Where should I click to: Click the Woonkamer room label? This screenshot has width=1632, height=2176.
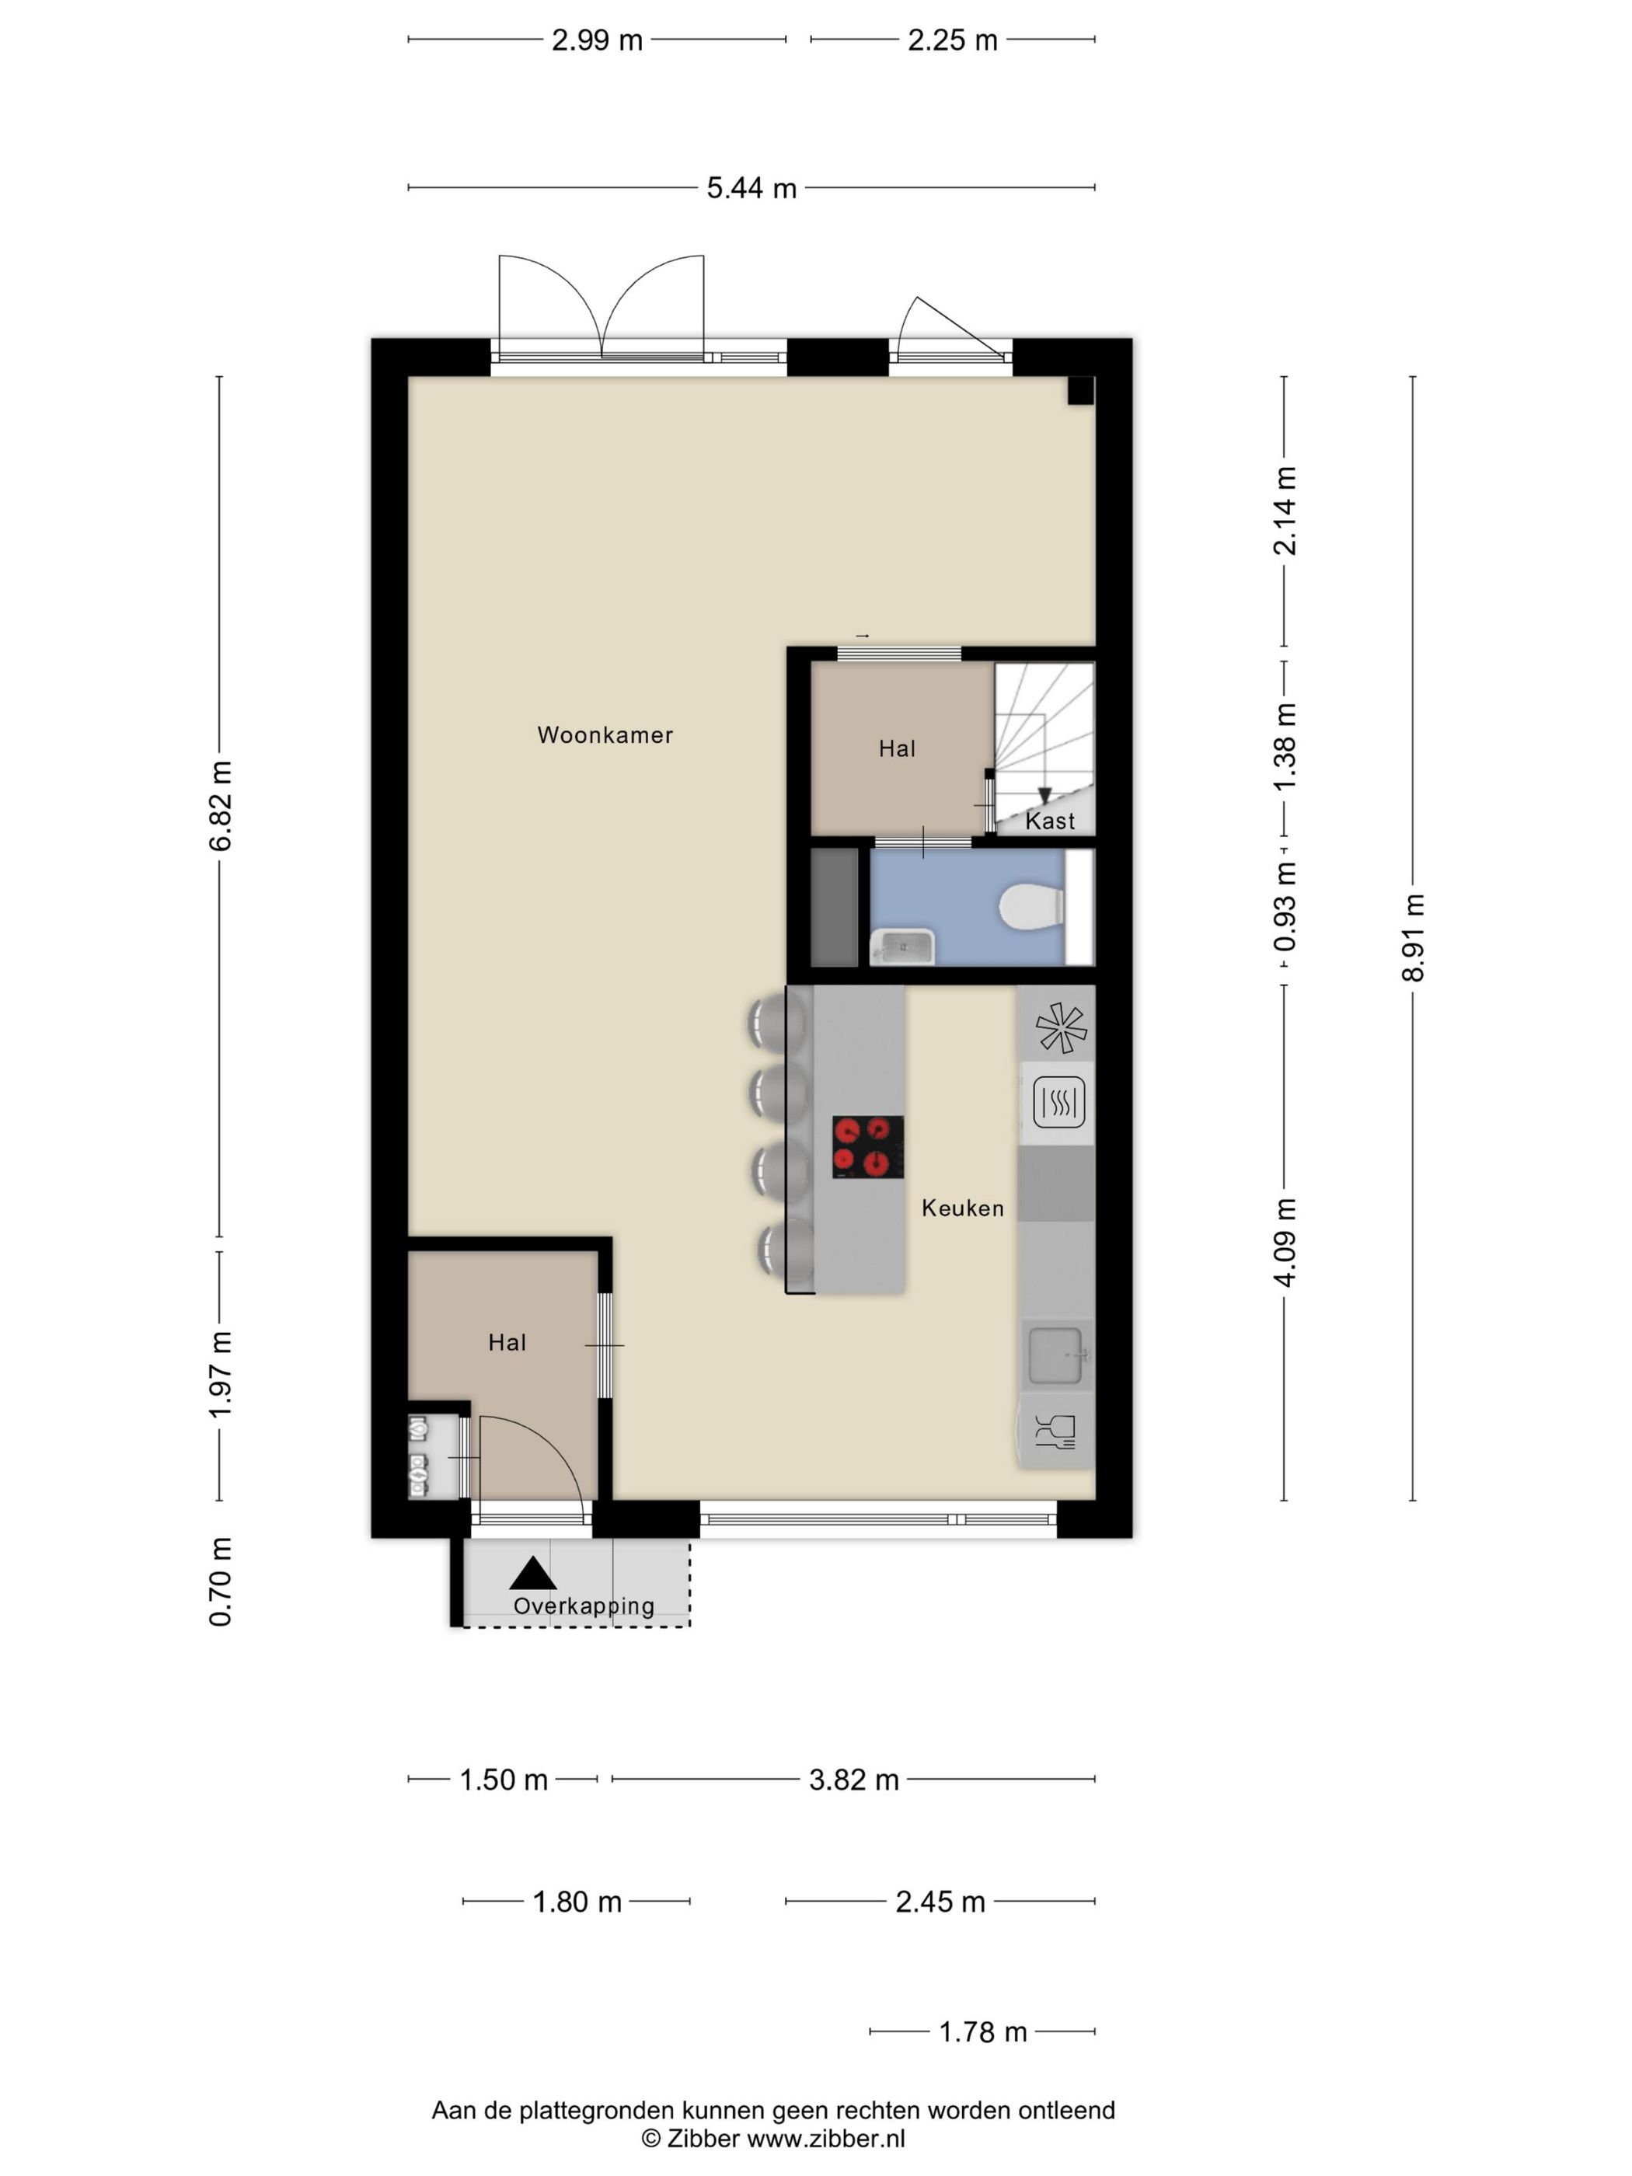pos(605,735)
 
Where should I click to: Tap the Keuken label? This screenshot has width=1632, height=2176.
pos(962,1208)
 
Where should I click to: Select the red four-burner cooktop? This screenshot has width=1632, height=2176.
pos(867,1147)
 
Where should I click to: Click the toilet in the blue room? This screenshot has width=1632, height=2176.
pos(1031,906)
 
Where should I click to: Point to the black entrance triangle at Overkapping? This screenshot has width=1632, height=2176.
pos(532,1574)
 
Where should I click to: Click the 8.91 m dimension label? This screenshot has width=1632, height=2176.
pos(1413,937)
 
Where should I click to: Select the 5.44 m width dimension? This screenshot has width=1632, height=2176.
pos(751,188)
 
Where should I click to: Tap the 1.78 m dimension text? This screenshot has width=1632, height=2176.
pos(983,2031)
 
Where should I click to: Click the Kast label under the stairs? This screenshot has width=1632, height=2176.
pos(1050,821)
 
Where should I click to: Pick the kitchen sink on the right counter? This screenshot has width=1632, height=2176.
pos(1055,1355)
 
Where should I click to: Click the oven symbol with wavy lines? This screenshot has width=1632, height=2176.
pos(1058,1102)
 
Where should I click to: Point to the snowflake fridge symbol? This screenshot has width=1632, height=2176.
pos(1062,1028)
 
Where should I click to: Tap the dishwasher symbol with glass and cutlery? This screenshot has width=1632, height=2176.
pos(1055,1432)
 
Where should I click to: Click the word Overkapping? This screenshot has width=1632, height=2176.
pos(584,1606)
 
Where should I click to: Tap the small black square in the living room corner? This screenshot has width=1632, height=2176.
pos(1081,391)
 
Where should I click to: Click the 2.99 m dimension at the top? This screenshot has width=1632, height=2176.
pos(597,40)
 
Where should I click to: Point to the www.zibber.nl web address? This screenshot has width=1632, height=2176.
pos(826,2138)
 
